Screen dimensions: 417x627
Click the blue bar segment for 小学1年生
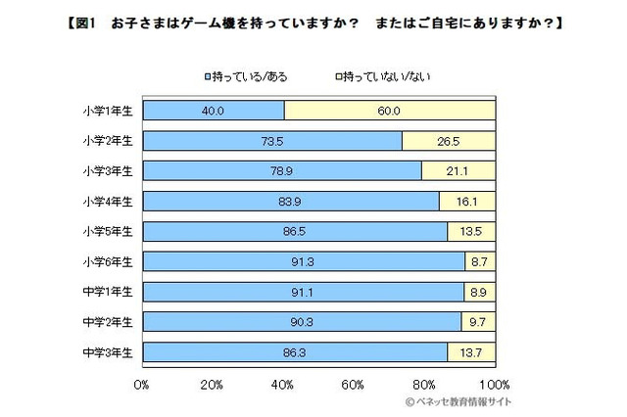click(x=213, y=111)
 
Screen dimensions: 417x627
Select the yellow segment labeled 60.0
click(x=390, y=111)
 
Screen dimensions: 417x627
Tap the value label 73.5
click(x=272, y=141)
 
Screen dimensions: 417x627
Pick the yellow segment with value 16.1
click(x=466, y=201)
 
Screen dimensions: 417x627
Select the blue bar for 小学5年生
click(x=295, y=231)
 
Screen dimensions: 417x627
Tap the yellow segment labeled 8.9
click(x=479, y=291)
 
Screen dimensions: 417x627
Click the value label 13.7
click(x=471, y=350)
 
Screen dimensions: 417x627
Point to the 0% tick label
click(x=142, y=383)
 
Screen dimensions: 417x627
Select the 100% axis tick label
click(x=493, y=383)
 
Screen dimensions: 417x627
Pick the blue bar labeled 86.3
click(x=295, y=350)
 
